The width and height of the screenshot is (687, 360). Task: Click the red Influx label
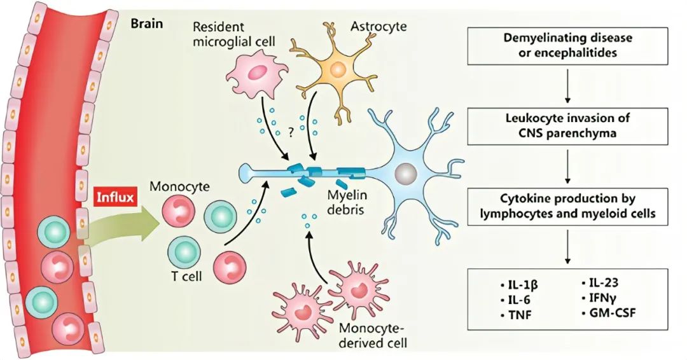click(115, 197)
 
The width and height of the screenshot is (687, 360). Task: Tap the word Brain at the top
click(146, 25)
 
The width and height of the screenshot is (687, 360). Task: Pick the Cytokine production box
click(567, 207)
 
